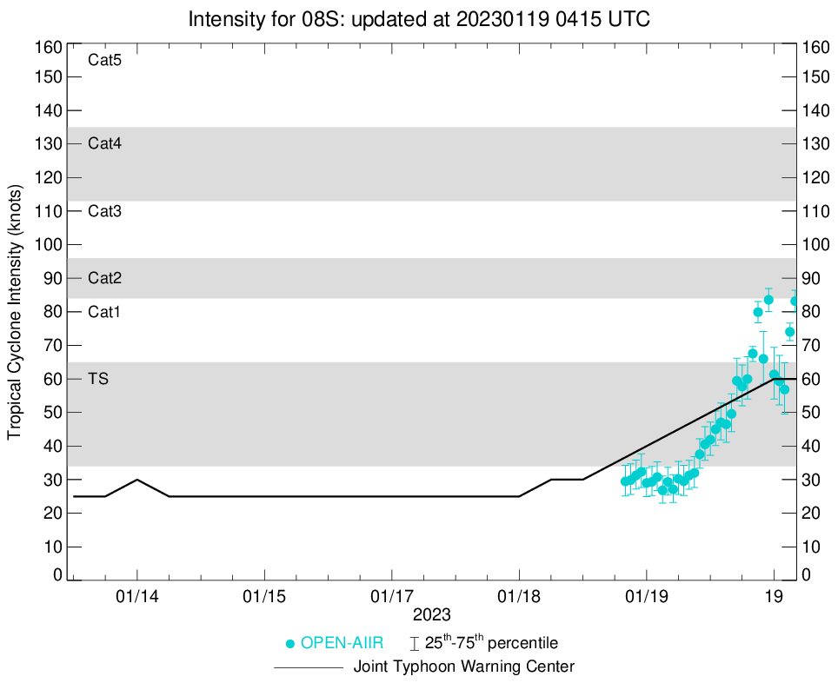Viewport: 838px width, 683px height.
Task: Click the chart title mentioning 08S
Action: [x=418, y=18]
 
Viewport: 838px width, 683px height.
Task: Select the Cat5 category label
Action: [x=104, y=61]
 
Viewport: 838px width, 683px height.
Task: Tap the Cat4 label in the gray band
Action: [x=104, y=144]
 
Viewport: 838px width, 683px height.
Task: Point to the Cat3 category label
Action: [x=104, y=211]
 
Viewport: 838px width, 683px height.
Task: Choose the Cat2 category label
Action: [x=104, y=279]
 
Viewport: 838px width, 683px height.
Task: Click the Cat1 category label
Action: [x=104, y=312]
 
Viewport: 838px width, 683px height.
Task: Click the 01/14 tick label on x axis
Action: [x=137, y=598]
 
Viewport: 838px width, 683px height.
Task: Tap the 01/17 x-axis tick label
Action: [x=392, y=598]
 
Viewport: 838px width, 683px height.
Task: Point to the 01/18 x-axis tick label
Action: [x=519, y=598]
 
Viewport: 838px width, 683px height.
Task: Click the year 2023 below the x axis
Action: [x=432, y=615]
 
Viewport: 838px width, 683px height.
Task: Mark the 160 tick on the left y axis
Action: [x=50, y=47]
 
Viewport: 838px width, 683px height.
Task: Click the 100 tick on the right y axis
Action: [x=817, y=245]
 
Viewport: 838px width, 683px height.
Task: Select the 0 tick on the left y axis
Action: [x=57, y=575]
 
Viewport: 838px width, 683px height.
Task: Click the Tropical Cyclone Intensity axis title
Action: [x=15, y=311]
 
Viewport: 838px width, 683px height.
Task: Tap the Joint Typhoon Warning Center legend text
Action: [x=464, y=667]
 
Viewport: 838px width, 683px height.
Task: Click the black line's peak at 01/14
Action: [x=137, y=480]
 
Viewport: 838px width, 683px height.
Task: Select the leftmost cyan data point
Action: [x=625, y=481]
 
